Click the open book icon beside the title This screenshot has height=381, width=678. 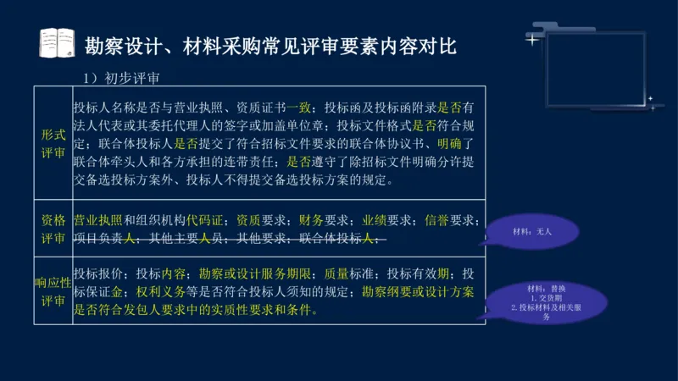[58, 43]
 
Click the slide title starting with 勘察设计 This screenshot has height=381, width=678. [271, 45]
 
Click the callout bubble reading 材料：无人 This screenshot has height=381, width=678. [532, 231]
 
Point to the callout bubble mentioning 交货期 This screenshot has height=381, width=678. [534, 302]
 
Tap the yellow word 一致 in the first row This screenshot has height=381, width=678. [299, 108]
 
